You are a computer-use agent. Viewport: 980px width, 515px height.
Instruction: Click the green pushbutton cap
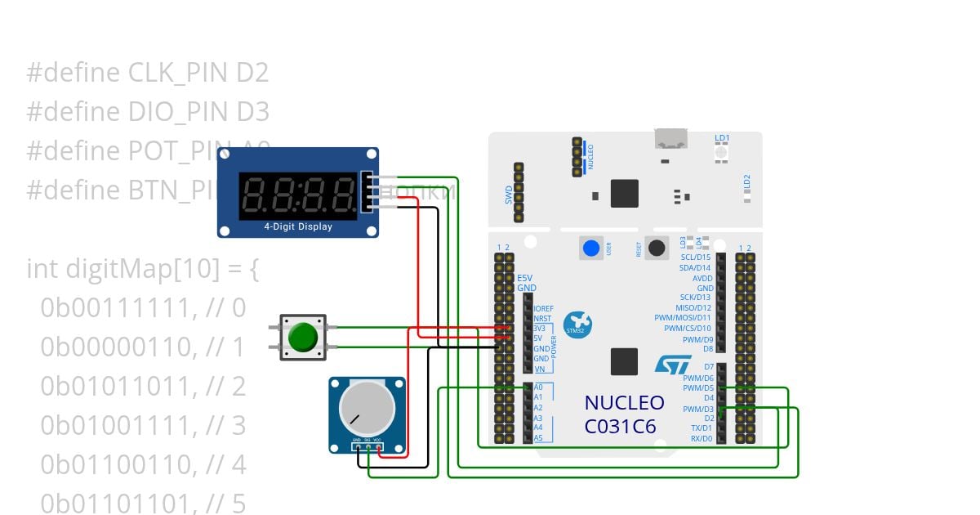303,337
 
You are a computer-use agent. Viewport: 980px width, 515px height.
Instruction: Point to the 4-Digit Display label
298,226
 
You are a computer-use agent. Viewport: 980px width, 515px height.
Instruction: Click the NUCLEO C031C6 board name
624,414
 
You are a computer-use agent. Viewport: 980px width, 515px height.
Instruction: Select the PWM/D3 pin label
698,409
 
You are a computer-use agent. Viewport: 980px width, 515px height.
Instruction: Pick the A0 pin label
538,387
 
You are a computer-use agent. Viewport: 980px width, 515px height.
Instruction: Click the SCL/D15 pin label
695,257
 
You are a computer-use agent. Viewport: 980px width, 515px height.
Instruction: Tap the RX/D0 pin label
701,439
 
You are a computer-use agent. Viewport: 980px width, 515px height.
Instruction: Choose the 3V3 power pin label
538,328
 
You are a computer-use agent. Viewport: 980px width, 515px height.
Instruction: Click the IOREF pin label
543,308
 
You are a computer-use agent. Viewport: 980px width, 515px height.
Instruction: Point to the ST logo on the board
673,365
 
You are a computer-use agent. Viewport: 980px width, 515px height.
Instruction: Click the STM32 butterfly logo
579,322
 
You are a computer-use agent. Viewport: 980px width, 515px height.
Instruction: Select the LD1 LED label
722,138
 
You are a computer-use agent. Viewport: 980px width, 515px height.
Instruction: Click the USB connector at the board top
671,138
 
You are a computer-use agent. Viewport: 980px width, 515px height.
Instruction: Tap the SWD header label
507,195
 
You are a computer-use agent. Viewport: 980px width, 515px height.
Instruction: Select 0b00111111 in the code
122,307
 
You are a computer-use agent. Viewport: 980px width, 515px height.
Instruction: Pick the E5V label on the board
525,279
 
